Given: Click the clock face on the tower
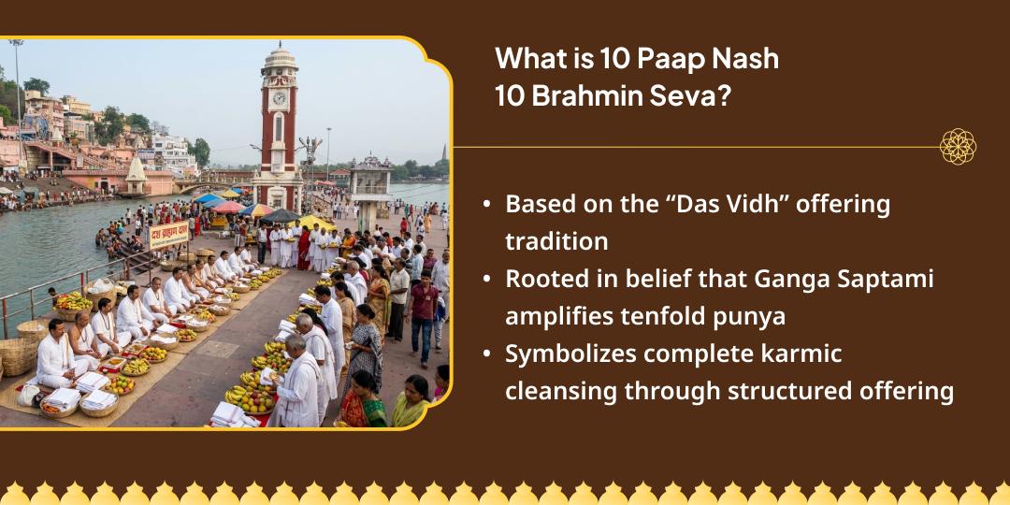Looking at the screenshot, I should point(278,98).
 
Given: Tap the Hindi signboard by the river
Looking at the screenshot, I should point(168,234).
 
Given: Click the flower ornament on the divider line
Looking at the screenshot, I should point(958,147).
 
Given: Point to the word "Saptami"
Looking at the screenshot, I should point(881,278).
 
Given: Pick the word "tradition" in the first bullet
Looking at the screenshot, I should point(556,240).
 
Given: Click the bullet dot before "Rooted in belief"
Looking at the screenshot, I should point(486,279).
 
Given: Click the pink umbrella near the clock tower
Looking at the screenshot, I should point(227,208).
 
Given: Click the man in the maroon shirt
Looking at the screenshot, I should point(424,309).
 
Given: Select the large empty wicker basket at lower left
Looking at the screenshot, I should point(20,355).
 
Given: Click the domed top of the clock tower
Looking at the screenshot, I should point(279,54).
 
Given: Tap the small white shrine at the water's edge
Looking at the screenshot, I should point(136,177).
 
